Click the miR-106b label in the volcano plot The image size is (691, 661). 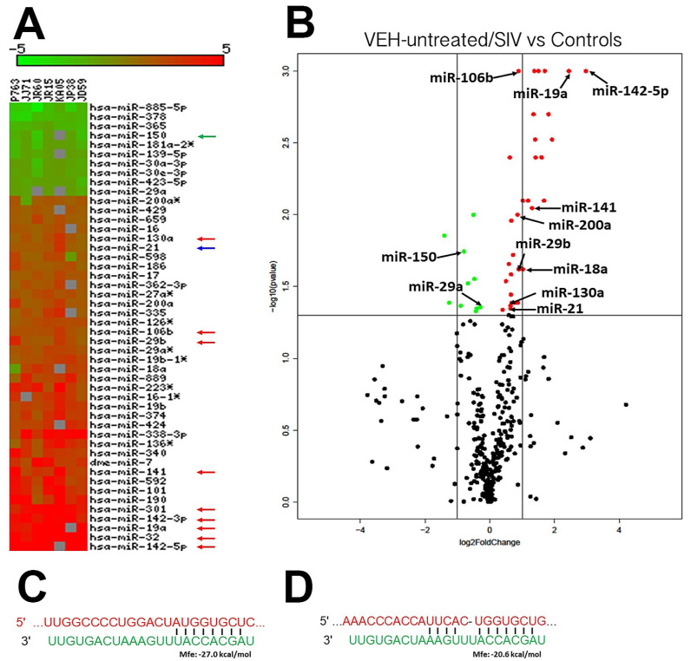pyautogui.click(x=462, y=78)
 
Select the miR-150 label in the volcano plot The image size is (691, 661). pyautogui.click(x=408, y=257)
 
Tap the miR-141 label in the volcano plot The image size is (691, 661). pyautogui.click(x=589, y=207)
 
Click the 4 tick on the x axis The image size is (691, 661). pyautogui.click(x=619, y=528)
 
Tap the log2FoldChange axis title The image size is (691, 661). pyautogui.click(x=489, y=543)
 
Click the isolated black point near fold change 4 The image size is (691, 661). pyautogui.click(x=625, y=404)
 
